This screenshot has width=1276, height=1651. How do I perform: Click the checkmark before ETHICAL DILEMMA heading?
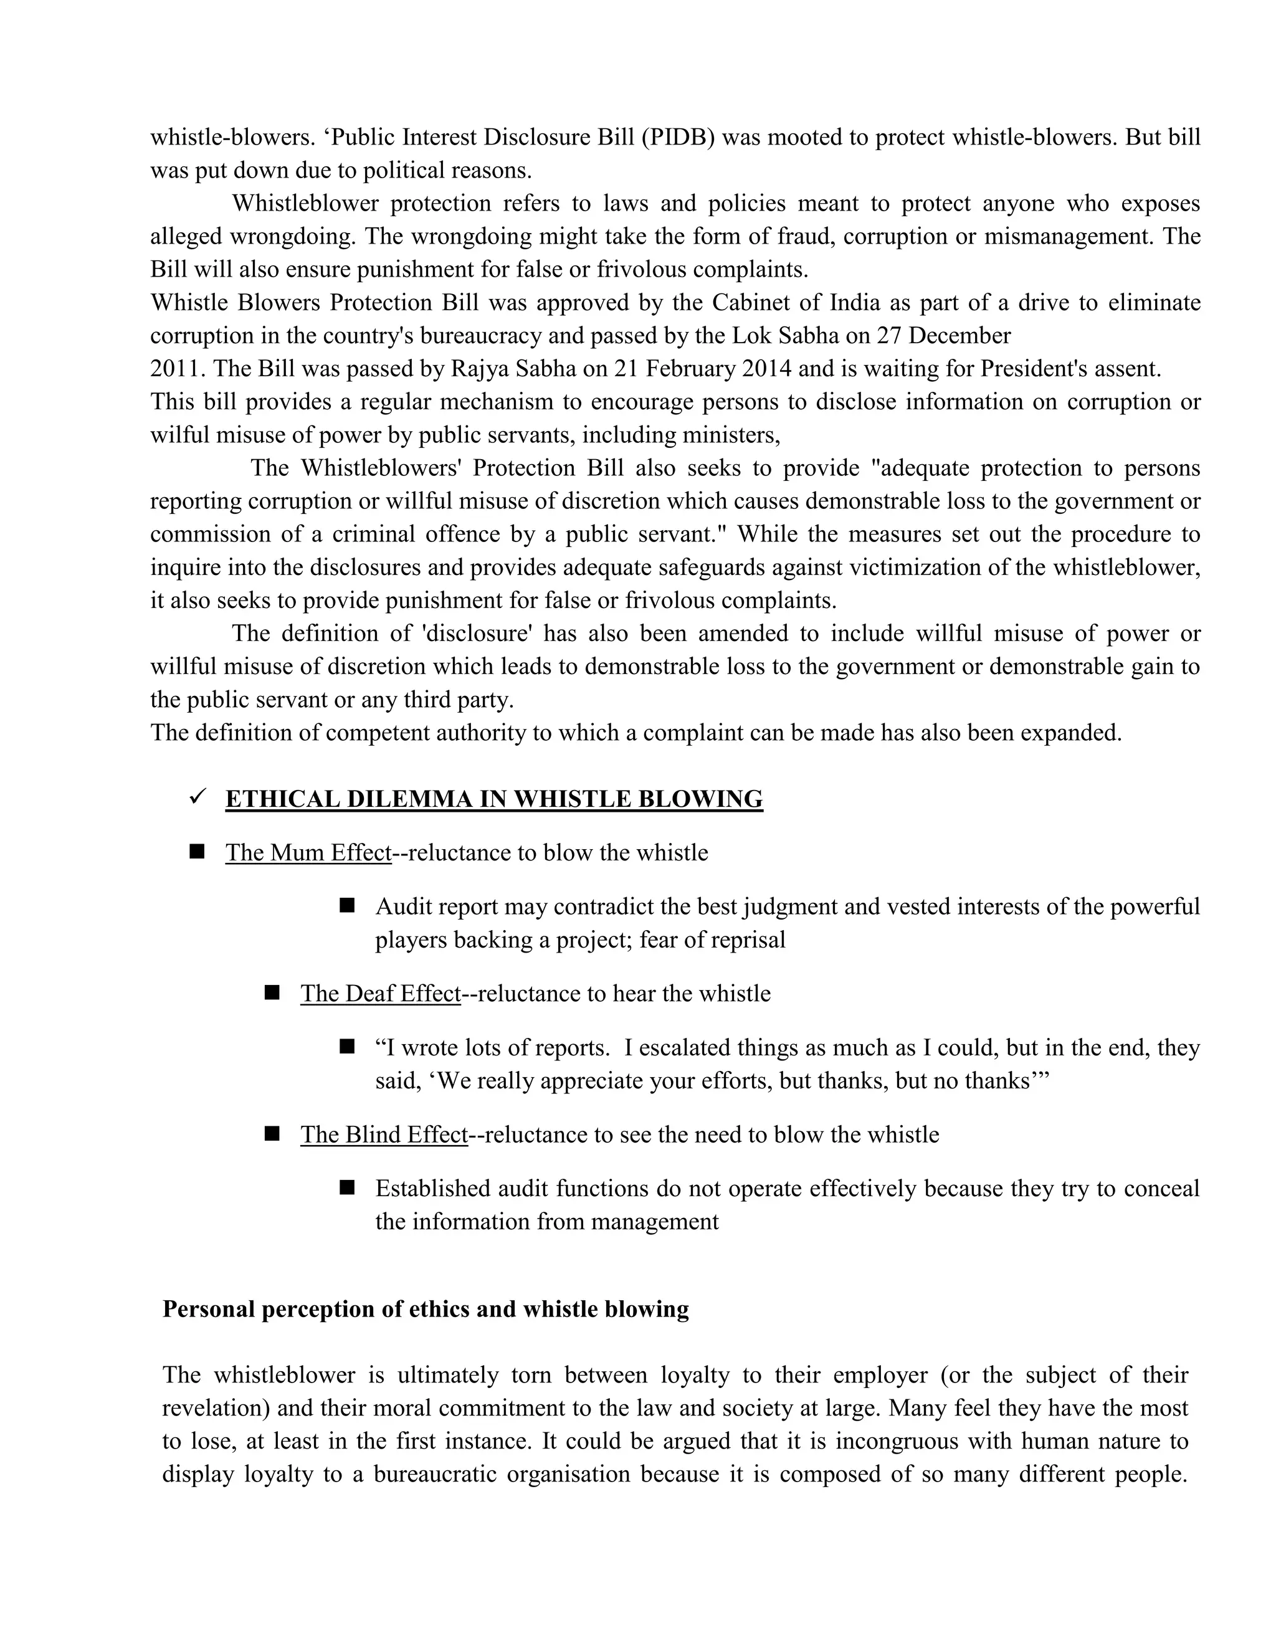click(x=198, y=797)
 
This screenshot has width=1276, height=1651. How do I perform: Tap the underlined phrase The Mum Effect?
click(x=308, y=853)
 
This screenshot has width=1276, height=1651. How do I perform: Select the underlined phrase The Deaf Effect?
click(x=380, y=993)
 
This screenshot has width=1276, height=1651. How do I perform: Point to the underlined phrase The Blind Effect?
click(x=384, y=1135)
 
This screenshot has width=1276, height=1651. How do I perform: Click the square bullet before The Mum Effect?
click(x=198, y=852)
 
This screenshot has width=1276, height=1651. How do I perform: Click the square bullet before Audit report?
click(x=348, y=906)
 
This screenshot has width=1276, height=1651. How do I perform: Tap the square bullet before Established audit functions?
click(x=348, y=1187)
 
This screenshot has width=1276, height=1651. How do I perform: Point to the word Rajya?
click(x=479, y=369)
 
